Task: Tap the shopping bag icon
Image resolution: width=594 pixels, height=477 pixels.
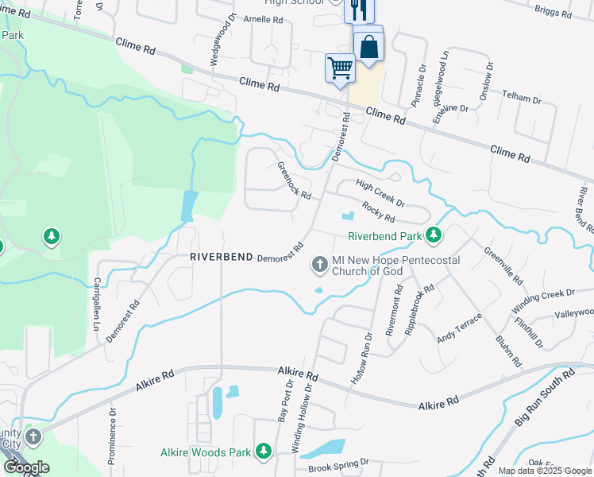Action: click(368, 45)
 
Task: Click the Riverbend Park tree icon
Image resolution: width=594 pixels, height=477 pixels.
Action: click(434, 235)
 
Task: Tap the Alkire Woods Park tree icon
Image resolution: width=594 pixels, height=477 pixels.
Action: click(264, 452)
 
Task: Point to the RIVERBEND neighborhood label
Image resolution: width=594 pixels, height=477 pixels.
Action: click(222, 258)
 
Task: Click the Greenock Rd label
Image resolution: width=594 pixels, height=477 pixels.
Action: click(294, 180)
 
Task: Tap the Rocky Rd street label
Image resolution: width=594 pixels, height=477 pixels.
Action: click(378, 211)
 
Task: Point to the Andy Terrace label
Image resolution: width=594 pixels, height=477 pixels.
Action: click(459, 328)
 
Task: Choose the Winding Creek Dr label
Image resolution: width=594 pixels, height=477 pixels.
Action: click(542, 301)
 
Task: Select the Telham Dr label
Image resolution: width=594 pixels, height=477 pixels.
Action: click(521, 97)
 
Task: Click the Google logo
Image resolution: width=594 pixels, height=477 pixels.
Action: click(25, 467)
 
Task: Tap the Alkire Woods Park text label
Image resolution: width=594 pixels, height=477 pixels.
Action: click(205, 452)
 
